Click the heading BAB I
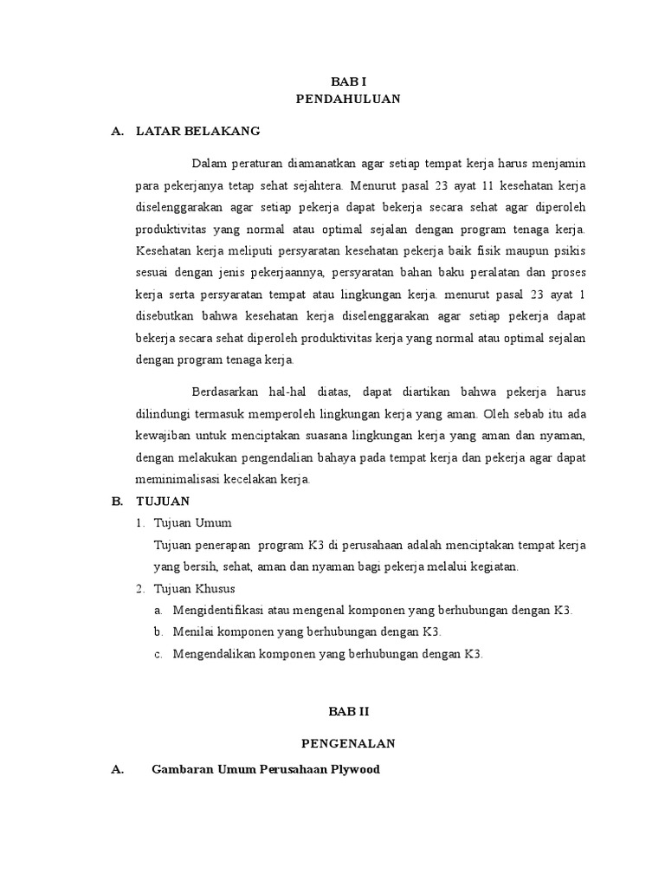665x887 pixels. (348, 81)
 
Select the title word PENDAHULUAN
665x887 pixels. (348, 99)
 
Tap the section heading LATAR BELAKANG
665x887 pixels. (198, 132)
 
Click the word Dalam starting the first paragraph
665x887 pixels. (208, 164)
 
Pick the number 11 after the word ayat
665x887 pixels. (429, 185)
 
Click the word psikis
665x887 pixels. (571, 251)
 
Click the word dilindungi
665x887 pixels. (164, 413)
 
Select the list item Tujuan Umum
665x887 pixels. (192, 523)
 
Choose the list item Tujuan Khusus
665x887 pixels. (194, 589)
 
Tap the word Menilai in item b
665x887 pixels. (191, 632)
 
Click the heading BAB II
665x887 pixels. (348, 710)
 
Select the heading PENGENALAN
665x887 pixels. (348, 743)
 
